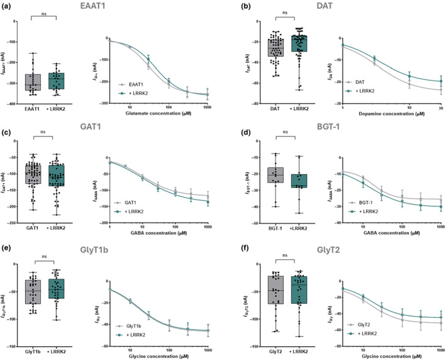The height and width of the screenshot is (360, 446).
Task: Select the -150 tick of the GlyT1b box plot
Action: pos(14,347)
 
